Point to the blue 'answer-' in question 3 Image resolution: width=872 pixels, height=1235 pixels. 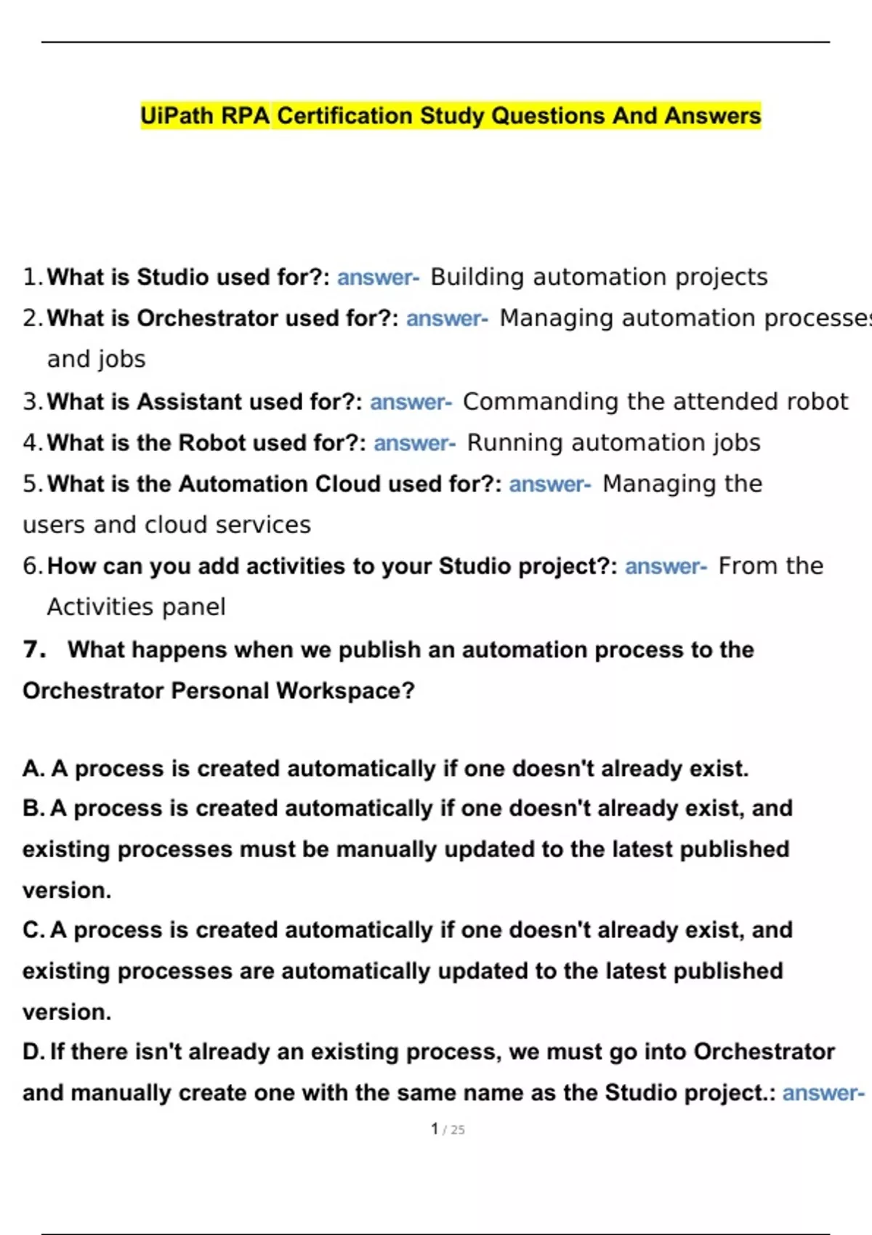(411, 402)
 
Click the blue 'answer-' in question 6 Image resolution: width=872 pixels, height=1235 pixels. (666, 566)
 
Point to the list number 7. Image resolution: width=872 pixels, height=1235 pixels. (33, 649)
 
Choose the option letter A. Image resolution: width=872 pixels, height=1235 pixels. (33, 769)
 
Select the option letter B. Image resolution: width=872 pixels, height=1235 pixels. (33, 809)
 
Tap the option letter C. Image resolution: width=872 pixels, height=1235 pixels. (33, 930)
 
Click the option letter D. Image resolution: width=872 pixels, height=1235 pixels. (33, 1052)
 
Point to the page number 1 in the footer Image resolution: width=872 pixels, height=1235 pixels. (435, 1129)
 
